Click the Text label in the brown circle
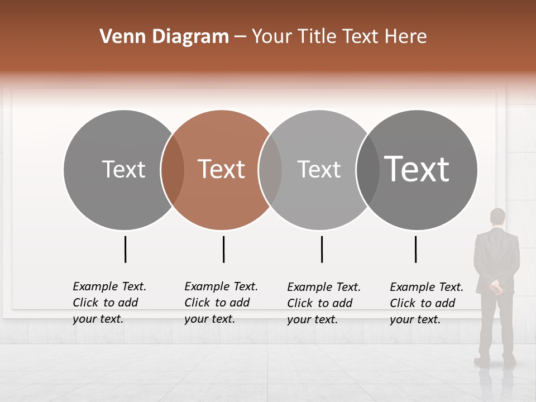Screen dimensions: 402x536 [x=222, y=169]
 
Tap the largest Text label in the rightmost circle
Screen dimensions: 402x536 [x=417, y=169]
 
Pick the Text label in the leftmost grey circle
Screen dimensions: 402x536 [x=123, y=169]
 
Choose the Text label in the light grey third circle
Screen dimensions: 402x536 [x=319, y=169]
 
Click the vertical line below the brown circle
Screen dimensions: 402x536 [x=223, y=249]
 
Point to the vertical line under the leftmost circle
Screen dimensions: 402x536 [x=125, y=249]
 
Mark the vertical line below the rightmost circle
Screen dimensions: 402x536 [x=416, y=249]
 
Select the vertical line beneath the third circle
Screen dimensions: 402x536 [x=322, y=249]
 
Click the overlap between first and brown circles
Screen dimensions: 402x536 [x=173, y=169]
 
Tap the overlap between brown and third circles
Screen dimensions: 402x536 [x=270, y=169]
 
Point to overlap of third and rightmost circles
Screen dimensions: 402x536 [x=367, y=169]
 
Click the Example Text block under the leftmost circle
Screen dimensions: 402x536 [x=109, y=303]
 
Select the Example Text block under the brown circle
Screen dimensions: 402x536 [x=221, y=303]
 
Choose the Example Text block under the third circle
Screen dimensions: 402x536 [x=324, y=303]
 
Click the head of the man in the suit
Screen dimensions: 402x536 [x=497, y=217]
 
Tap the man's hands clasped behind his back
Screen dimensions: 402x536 [x=496, y=288]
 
